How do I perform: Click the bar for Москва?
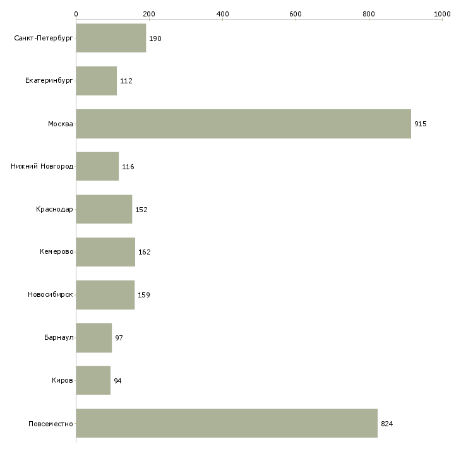click(243, 124)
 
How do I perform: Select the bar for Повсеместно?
click(227, 423)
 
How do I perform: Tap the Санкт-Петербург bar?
click(111, 39)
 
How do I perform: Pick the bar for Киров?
click(93, 380)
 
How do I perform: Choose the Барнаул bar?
click(93, 338)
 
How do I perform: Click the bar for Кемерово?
click(105, 252)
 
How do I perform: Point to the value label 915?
click(421, 124)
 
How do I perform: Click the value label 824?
click(387, 424)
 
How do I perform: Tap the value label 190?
click(155, 39)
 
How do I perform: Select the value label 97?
click(119, 338)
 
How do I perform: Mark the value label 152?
click(141, 210)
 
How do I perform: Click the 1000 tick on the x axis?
click(442, 13)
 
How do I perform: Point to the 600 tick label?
click(296, 13)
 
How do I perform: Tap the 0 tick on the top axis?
click(76, 13)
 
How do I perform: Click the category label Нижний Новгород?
click(42, 167)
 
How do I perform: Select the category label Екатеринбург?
click(49, 81)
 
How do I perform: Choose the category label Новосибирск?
click(51, 295)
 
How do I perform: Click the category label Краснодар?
click(54, 210)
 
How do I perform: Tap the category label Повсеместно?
click(51, 424)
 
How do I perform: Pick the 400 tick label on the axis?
click(222, 13)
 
